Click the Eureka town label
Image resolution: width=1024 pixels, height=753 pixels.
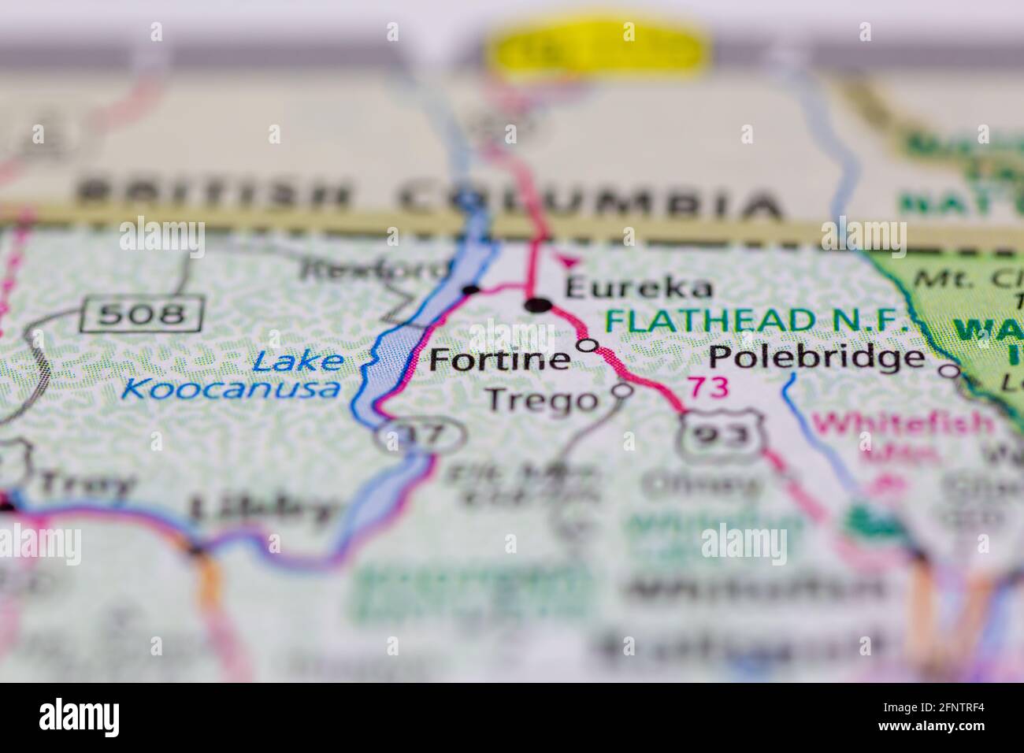tap(628, 287)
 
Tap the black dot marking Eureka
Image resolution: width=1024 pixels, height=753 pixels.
tap(538, 305)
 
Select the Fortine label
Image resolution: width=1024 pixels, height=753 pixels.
tap(499, 360)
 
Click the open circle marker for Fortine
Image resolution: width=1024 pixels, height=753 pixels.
tap(588, 345)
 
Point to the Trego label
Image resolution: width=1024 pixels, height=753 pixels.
tap(542, 400)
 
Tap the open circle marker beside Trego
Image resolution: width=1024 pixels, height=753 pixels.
tap(623, 389)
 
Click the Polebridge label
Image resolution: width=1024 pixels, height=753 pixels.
tap(816, 358)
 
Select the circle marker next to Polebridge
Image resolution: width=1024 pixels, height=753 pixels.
tap(952, 370)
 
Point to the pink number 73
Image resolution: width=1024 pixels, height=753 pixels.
tap(708, 388)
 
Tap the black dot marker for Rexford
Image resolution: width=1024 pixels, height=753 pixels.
tap(471, 290)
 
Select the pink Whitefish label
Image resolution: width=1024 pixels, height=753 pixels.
tap(904, 424)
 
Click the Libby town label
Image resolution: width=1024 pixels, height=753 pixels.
tap(262, 509)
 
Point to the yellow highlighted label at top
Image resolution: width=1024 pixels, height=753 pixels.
tap(598, 50)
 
